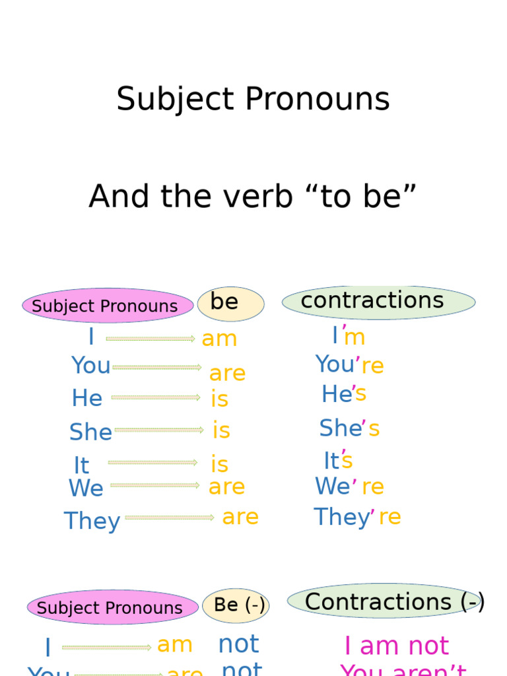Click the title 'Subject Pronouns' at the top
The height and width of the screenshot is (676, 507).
(x=253, y=100)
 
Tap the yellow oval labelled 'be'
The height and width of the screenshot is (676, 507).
(x=230, y=304)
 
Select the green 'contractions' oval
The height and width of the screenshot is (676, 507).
(x=378, y=302)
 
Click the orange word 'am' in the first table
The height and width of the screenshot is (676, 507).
(x=219, y=339)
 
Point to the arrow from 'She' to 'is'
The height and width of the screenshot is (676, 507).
(x=159, y=430)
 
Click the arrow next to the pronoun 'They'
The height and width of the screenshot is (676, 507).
(x=170, y=518)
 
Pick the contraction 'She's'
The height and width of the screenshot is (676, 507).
(x=349, y=429)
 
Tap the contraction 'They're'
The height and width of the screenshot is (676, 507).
(x=357, y=518)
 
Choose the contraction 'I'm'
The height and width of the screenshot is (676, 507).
(x=349, y=337)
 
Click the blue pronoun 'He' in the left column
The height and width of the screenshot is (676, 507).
(x=87, y=399)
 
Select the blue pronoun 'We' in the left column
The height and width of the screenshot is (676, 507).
(x=86, y=489)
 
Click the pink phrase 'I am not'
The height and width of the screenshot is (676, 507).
(x=396, y=646)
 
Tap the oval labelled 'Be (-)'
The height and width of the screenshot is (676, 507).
(x=236, y=605)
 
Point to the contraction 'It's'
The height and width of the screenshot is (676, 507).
(x=338, y=460)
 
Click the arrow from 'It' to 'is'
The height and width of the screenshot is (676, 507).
(x=152, y=463)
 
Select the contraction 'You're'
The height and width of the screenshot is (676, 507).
(x=349, y=365)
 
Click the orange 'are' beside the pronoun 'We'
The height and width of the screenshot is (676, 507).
(x=226, y=487)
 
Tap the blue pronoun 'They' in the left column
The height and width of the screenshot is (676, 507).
(x=92, y=522)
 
